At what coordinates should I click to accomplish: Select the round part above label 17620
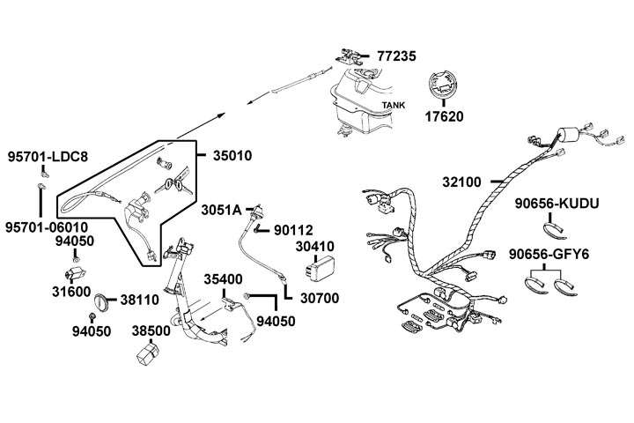[x=443, y=88]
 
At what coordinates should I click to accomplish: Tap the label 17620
[x=443, y=115]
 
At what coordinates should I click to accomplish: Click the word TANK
[x=393, y=106]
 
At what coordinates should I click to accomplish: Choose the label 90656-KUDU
[x=557, y=204]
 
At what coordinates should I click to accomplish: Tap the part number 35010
[x=232, y=156]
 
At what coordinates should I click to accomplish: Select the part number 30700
[x=320, y=298]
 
